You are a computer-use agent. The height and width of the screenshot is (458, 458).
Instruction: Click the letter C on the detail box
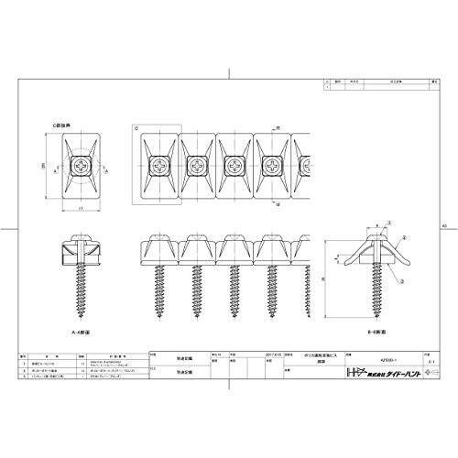(136, 129)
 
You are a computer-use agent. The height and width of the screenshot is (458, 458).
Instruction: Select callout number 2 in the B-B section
(404, 257)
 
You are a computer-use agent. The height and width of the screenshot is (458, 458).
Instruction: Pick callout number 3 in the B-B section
(404, 278)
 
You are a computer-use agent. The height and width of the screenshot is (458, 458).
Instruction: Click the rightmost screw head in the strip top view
(274, 168)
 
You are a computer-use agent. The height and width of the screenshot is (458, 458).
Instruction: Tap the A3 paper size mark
(444, 224)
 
